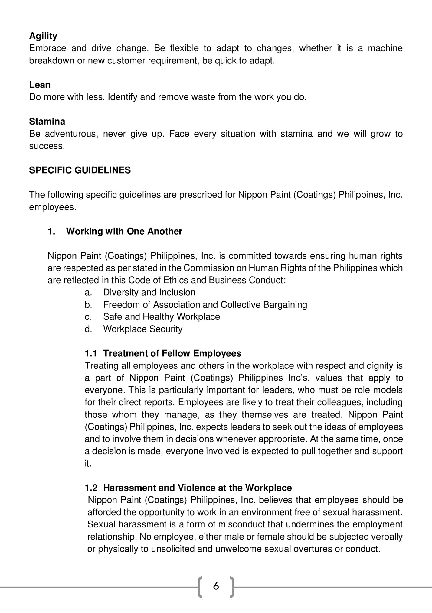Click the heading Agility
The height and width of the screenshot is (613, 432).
(43, 36)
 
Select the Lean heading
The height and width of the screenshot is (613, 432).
(40, 85)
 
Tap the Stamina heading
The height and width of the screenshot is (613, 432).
(47, 122)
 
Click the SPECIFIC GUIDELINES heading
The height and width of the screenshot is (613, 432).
(80, 170)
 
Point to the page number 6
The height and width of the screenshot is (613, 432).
(216, 586)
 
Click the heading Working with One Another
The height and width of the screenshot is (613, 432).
(124, 231)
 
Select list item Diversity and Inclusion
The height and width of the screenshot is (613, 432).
(149, 292)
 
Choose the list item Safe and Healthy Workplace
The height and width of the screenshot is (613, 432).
(162, 317)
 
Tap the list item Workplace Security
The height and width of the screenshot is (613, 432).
(143, 329)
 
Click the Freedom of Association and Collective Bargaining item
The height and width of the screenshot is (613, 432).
(205, 304)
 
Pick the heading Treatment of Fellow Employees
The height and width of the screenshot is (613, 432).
(172, 353)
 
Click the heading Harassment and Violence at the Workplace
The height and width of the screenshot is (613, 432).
(198, 488)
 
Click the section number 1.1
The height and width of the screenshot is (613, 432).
(91, 353)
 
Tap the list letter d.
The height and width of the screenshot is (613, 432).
(88, 329)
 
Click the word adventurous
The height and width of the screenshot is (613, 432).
(71, 134)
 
